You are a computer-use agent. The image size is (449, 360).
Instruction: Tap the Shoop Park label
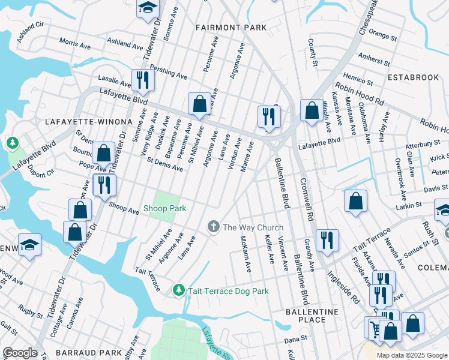pos(164,209)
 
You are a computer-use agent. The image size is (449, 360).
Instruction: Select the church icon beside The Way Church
pos(212,227)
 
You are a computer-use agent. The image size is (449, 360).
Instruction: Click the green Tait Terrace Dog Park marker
pos(178,290)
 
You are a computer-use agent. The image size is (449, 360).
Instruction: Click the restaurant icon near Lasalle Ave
pos(143,80)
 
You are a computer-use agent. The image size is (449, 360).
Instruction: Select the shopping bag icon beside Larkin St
pos(355,200)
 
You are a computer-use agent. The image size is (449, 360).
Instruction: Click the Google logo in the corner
pos(20,352)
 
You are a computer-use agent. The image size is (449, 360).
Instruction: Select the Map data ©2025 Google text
pos(412,355)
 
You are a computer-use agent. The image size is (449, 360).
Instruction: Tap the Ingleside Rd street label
pos(343,287)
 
